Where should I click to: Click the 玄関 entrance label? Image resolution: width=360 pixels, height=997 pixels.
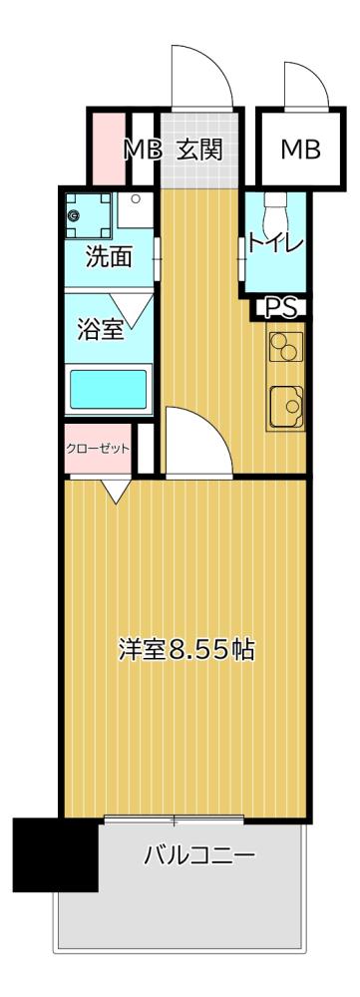(x=199, y=151)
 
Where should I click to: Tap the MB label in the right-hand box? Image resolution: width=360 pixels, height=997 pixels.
(x=299, y=151)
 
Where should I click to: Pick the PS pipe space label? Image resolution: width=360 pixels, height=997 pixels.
(x=282, y=308)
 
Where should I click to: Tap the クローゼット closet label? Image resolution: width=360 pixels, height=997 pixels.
(x=98, y=448)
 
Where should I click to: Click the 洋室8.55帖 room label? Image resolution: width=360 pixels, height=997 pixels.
(x=186, y=652)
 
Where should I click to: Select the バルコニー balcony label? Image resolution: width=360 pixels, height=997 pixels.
(x=199, y=854)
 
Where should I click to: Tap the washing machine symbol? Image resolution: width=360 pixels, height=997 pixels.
(x=89, y=212)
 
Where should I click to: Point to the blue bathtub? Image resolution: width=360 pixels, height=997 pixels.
(x=107, y=389)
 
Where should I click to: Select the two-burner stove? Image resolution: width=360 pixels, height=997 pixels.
(x=284, y=348)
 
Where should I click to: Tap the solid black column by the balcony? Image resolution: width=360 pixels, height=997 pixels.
(x=56, y=854)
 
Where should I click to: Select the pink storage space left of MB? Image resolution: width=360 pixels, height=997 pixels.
(x=106, y=149)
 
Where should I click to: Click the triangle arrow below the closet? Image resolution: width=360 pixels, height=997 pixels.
(x=114, y=490)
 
